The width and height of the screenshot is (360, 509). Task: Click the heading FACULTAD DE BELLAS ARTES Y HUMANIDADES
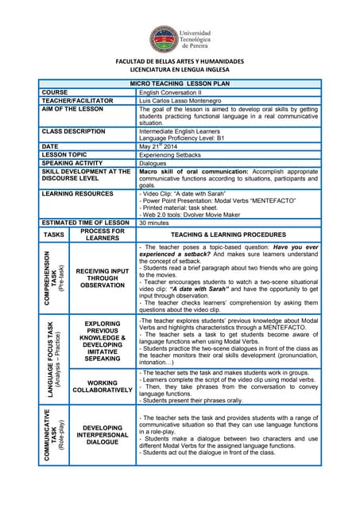pyautogui.click(x=180, y=61)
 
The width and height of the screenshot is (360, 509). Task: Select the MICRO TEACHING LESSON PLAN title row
pyautogui.click(x=180, y=84)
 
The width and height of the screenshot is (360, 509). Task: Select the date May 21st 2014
pyautogui.click(x=159, y=146)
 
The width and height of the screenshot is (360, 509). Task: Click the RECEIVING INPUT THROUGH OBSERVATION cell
pyautogui.click(x=102, y=278)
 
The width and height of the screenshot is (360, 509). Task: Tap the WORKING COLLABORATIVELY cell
pyautogui.click(x=102, y=387)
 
